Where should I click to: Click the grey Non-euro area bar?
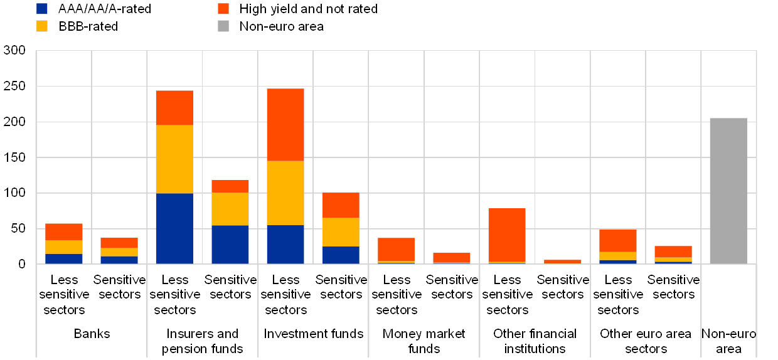click(728, 191)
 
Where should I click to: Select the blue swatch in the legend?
click(43, 9)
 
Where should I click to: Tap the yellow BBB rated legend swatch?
click(43, 26)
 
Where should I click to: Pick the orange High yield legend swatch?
click(223, 9)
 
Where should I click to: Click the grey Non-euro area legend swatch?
click(223, 26)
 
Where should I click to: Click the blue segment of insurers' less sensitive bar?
click(174, 228)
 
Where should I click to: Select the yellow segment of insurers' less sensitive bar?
click(174, 159)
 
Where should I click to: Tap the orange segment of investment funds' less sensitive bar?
click(285, 125)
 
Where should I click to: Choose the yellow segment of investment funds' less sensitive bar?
click(285, 193)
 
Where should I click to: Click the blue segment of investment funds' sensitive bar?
click(341, 255)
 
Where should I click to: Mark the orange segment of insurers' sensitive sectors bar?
click(230, 186)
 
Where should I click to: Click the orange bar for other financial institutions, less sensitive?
click(507, 235)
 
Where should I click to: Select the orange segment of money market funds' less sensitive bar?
click(396, 249)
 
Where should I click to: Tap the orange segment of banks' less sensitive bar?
click(63, 231)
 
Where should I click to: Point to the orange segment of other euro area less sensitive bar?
click(617, 240)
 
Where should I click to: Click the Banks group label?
click(92, 334)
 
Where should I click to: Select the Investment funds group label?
click(312, 334)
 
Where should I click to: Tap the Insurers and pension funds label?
click(202, 341)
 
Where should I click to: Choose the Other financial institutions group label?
click(534, 341)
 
